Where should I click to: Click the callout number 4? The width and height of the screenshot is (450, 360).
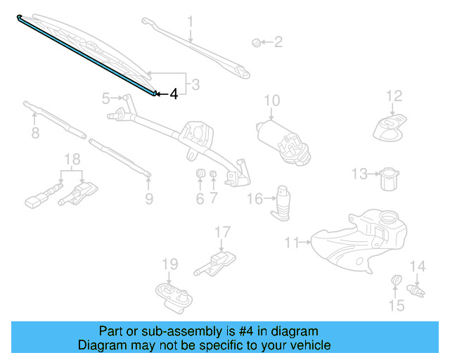point(174,93)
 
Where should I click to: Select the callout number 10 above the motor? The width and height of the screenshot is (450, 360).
point(271,101)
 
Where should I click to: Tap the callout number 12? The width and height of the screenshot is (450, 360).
point(394,96)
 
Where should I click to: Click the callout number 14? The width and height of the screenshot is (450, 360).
point(418,266)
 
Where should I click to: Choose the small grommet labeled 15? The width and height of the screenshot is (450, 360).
point(395,283)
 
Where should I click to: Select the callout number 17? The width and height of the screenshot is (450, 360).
point(222,231)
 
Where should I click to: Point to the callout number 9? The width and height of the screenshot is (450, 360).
point(148,199)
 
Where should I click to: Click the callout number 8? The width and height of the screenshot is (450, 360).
point(34,132)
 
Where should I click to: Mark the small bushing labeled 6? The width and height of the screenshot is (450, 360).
point(200,174)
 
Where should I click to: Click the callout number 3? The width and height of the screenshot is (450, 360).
point(195,85)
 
